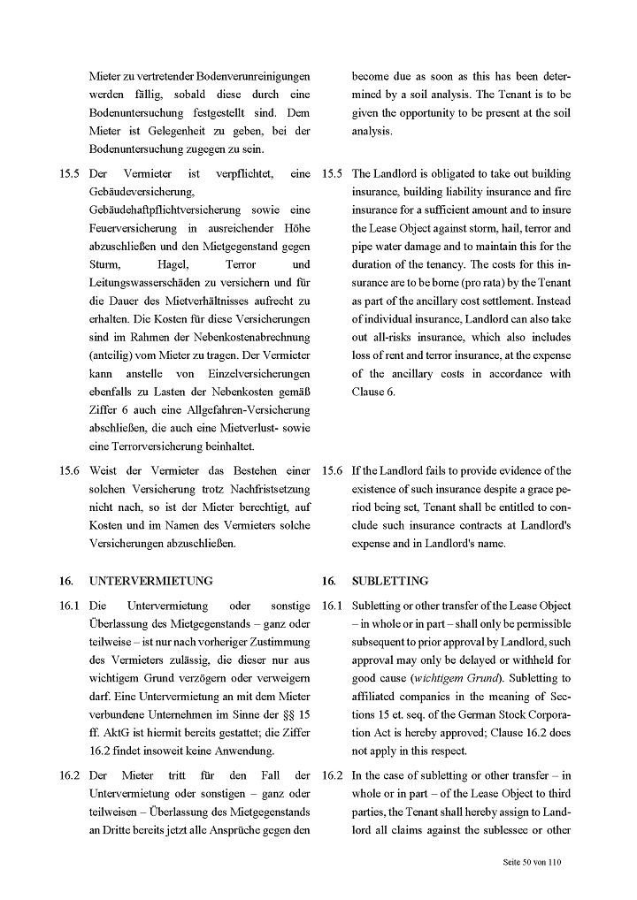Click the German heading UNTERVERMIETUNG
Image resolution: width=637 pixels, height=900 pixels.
click(151, 581)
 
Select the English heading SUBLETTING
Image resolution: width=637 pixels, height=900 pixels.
click(389, 581)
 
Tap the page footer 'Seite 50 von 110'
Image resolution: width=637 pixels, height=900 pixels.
click(526, 861)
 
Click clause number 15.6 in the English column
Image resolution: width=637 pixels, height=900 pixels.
click(333, 471)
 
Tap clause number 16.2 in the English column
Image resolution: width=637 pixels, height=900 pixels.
click(333, 775)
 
